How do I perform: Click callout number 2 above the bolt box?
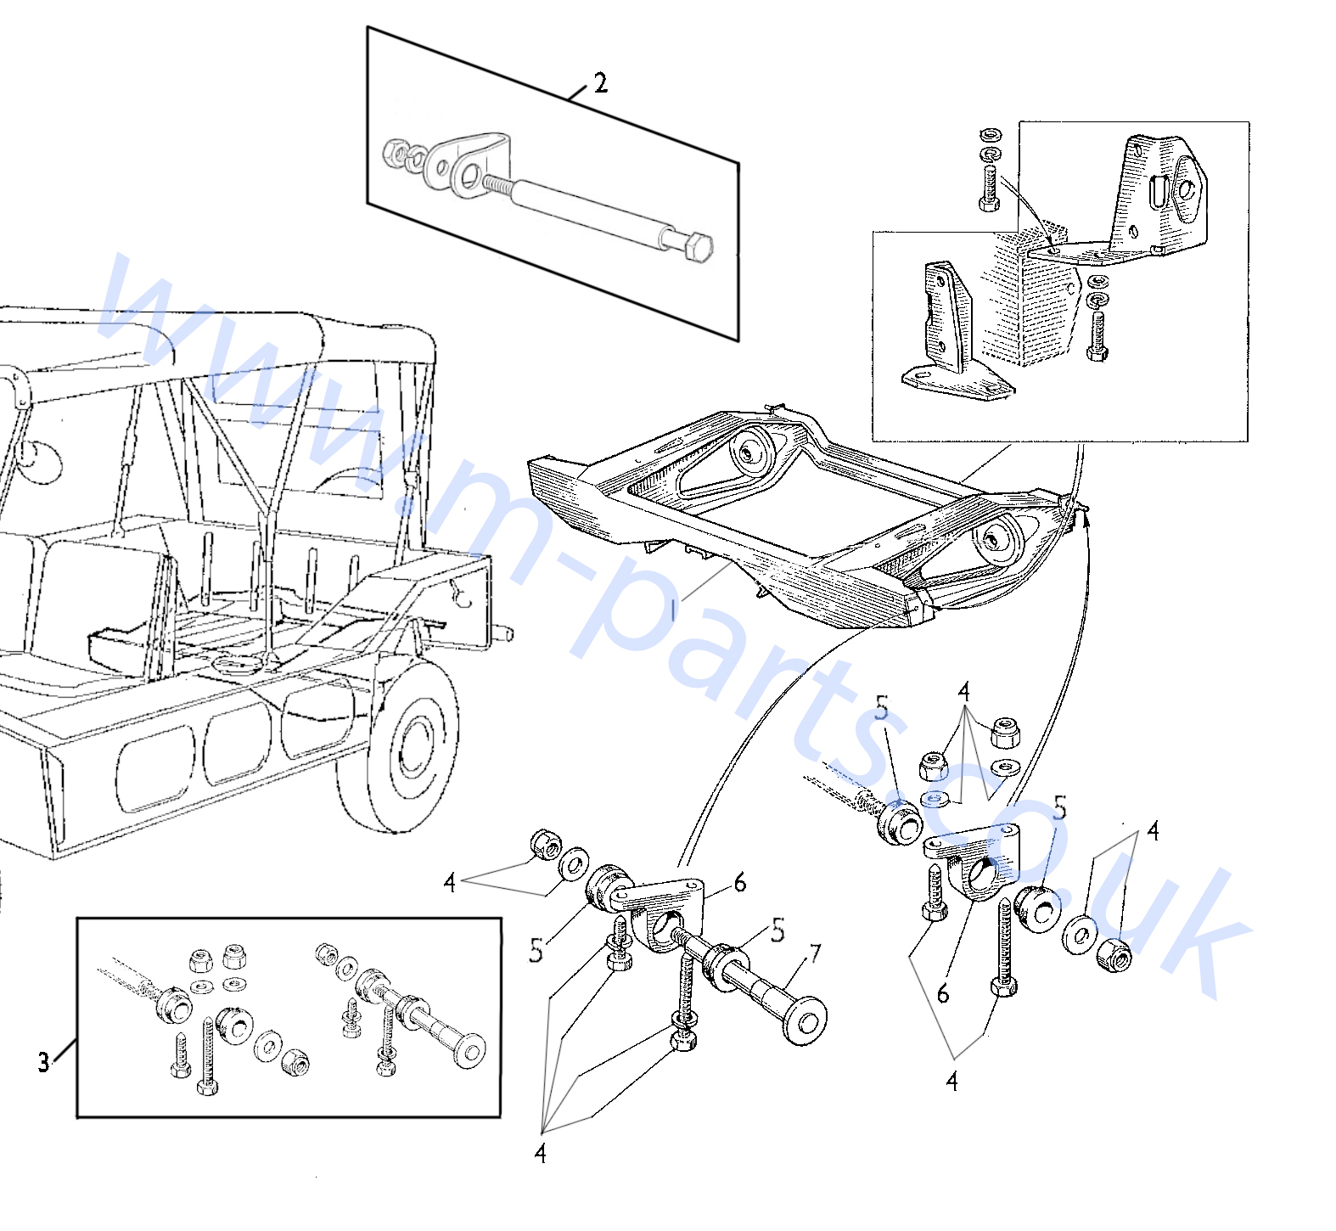click(x=601, y=83)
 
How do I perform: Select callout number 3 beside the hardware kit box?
click(x=44, y=1061)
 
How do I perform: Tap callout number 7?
click(x=815, y=954)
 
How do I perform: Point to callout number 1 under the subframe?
click(x=674, y=610)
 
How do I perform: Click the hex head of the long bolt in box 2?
click(x=697, y=245)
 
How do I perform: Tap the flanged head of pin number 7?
click(x=805, y=1020)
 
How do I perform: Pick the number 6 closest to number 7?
click(x=740, y=884)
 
